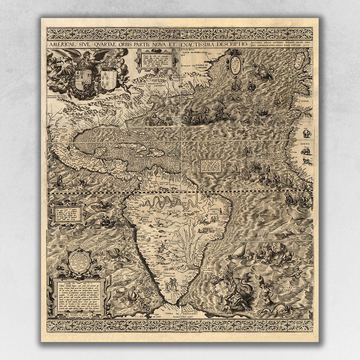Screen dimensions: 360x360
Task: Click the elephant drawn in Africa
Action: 307,134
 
